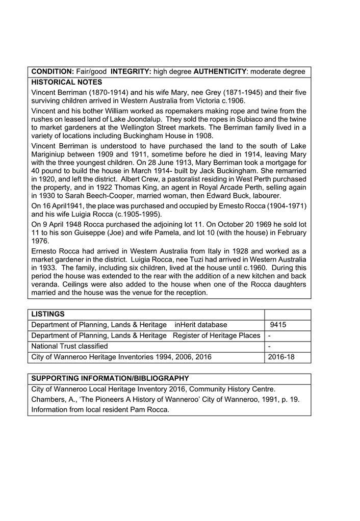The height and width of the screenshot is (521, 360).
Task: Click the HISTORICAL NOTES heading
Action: point(67,83)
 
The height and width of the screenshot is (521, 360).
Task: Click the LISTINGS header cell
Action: point(48,315)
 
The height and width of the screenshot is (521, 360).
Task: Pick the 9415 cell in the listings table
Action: point(278,325)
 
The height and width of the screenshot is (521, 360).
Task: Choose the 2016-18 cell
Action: point(281,357)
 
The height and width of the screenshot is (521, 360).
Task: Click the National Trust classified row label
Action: point(70,347)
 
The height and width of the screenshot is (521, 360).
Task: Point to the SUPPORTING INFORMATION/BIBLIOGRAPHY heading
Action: point(110,379)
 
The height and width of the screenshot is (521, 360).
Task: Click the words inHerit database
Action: point(201,325)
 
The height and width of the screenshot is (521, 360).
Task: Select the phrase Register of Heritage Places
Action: point(217,336)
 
